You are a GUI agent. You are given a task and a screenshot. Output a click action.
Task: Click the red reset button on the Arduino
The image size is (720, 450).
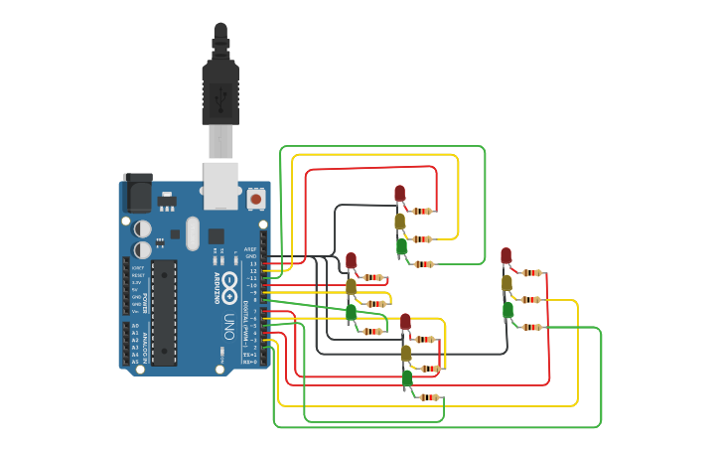click(255, 199)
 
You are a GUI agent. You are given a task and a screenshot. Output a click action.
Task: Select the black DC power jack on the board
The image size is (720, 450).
click(137, 193)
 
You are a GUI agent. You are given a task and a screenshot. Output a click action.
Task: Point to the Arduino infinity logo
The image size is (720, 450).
click(228, 282)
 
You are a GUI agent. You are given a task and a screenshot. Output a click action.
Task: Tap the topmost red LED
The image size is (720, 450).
click(399, 193)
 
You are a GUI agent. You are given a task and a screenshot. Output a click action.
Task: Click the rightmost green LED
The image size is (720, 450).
click(507, 309)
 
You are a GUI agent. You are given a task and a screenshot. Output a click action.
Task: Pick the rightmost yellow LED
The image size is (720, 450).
click(506, 282)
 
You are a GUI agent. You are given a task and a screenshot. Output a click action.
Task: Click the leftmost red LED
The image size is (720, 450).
click(351, 260)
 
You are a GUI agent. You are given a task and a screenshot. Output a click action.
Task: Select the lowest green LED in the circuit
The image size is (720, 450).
click(407, 378)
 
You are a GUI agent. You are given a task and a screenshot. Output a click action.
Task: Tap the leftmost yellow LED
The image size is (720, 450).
click(351, 286)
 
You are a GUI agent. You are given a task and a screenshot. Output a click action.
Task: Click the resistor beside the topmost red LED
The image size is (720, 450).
click(424, 211)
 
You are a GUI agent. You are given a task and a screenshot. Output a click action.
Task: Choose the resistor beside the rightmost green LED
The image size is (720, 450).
click(532, 327)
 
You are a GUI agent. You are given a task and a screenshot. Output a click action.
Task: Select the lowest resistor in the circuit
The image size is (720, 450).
click(429, 397)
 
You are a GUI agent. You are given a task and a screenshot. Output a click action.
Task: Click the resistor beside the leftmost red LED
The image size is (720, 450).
click(373, 278)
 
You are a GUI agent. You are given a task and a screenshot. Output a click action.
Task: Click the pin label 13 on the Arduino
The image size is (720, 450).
click(253, 263)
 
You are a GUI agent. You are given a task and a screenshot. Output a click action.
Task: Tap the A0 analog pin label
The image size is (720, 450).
click(135, 326)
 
